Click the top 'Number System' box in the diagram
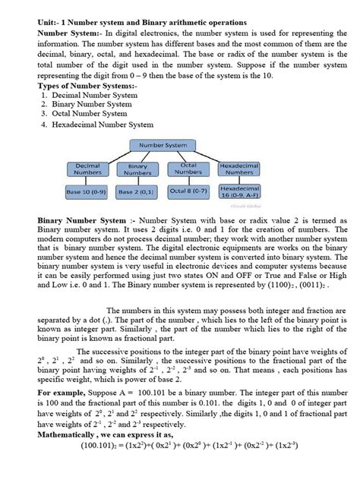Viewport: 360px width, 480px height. tap(166, 144)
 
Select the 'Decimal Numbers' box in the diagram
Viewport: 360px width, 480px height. tap(88, 169)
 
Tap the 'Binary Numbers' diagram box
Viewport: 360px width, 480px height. tap(137, 169)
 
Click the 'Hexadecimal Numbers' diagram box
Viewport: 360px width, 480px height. tap(239, 168)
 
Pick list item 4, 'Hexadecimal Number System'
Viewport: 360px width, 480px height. tap(102, 124)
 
